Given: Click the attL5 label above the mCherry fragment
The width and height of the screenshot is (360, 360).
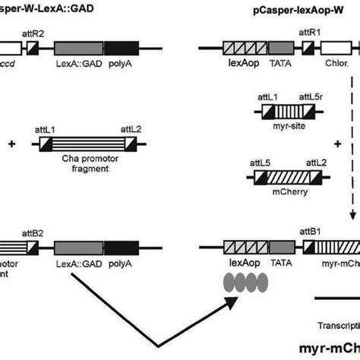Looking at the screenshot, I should [260, 163].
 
